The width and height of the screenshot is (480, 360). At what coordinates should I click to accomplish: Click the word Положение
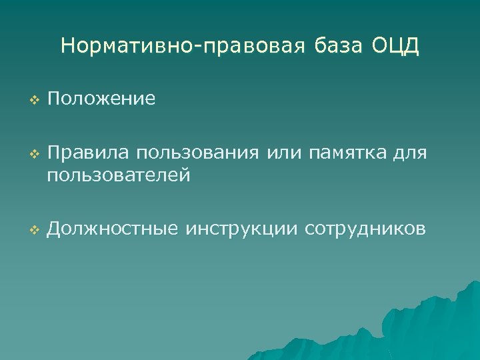pos(101,99)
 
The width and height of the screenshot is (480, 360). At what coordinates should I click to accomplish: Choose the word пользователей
pos(119,175)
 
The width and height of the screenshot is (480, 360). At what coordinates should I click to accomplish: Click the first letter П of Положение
pos(53,99)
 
